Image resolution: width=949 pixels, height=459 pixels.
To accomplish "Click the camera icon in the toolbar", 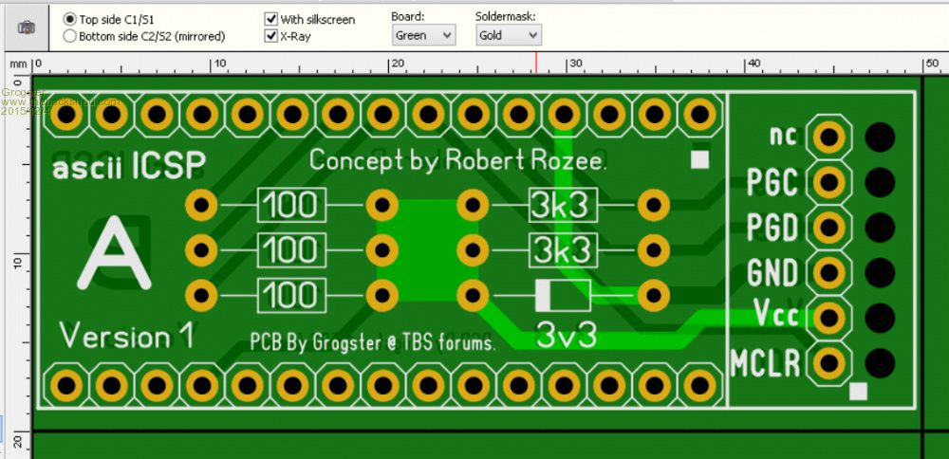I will [x=27, y=28].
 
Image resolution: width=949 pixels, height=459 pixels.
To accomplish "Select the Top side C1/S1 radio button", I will [x=70, y=19].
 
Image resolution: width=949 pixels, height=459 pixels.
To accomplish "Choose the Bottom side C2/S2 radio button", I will [x=70, y=36].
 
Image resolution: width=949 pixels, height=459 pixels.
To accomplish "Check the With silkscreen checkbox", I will [x=271, y=19].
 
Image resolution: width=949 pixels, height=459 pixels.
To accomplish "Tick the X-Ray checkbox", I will [x=271, y=36].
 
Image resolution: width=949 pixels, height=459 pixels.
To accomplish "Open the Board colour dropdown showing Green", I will [x=423, y=35].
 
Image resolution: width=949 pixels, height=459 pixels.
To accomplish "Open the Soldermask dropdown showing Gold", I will [x=508, y=35].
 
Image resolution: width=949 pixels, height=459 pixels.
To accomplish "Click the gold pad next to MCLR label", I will [x=830, y=361].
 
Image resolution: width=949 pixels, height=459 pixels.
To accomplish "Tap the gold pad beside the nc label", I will [x=830, y=137].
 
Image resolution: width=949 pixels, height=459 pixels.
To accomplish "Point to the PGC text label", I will [x=772, y=182].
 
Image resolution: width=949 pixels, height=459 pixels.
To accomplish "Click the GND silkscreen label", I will [x=772, y=273].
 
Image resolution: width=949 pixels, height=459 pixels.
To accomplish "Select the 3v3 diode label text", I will [x=567, y=334].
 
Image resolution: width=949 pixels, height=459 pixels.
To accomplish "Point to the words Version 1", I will [x=127, y=336].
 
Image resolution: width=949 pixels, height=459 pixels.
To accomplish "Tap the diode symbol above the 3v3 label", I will [x=563, y=295].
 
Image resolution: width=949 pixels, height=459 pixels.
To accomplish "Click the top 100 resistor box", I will [x=291, y=204].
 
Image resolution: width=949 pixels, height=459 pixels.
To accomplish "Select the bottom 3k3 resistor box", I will [x=563, y=250].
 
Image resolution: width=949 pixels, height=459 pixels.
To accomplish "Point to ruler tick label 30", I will [x=574, y=64].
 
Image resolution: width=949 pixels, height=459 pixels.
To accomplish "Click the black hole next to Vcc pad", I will [x=880, y=316].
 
